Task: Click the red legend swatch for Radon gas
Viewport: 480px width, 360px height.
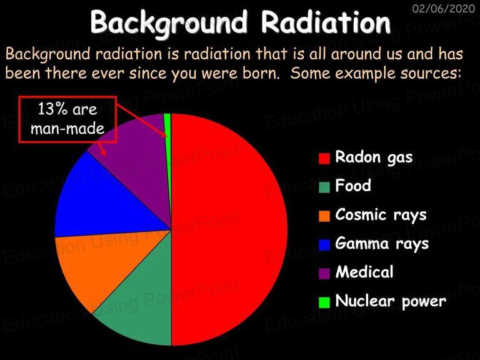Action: (x=324, y=158)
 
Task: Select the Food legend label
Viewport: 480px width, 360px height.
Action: (x=353, y=186)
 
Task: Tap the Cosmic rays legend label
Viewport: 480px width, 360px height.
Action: (x=381, y=215)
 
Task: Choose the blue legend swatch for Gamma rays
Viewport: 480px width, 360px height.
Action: (x=324, y=244)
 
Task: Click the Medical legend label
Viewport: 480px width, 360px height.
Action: (x=364, y=272)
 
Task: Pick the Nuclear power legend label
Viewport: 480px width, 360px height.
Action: (x=391, y=301)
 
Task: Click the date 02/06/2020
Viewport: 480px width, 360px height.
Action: (x=444, y=9)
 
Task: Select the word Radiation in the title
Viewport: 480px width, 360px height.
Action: (x=326, y=22)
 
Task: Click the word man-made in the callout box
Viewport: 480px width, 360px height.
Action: (x=67, y=129)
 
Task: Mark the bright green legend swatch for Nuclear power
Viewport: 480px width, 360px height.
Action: (x=324, y=302)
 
